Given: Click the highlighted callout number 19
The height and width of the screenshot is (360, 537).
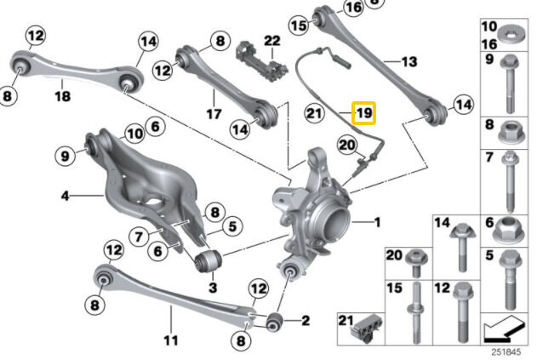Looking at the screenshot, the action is click(364, 112).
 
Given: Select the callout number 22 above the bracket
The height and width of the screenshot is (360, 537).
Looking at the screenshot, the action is click(272, 41).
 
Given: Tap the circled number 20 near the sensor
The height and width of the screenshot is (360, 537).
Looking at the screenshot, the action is click(347, 146).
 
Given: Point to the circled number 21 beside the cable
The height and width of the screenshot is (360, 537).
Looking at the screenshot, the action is click(314, 113).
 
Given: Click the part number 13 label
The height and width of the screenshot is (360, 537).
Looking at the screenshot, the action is click(409, 61).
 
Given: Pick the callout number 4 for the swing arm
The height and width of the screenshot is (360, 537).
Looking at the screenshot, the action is click(65, 196).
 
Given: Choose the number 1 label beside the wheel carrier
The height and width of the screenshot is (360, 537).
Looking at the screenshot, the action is click(377, 223).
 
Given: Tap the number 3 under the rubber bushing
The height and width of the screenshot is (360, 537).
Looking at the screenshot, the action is click(213, 287).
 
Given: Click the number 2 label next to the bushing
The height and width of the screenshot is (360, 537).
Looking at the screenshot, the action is click(306, 321).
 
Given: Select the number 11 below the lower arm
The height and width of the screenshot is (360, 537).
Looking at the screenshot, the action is click(171, 340).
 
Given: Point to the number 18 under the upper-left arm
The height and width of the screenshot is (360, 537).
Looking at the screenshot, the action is click(62, 96).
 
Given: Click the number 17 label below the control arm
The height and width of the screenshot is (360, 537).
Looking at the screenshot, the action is click(214, 114).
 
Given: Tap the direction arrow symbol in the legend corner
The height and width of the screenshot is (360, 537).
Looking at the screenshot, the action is click(504, 329).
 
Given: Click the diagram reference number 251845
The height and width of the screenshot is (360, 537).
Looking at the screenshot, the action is click(506, 351).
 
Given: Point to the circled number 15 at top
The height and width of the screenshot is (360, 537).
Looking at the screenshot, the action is click(299, 25).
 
